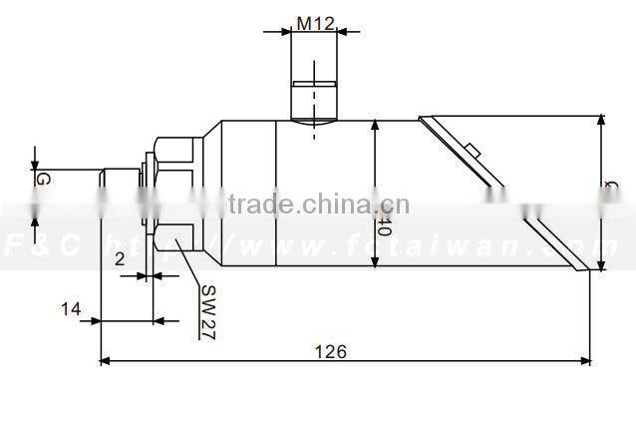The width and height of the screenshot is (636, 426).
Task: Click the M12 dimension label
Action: point(315,22)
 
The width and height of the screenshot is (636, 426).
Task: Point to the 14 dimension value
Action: point(70,309)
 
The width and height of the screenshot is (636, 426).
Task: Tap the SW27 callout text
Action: point(207,313)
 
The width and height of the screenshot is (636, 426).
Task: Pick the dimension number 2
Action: point(120,258)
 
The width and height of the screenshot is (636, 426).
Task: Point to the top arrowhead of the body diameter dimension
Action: point(375,125)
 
